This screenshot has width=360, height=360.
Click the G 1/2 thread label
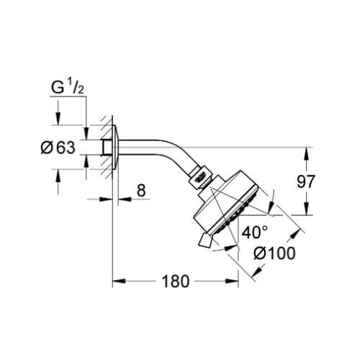click(68, 87)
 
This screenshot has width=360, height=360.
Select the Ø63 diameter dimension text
click(58, 147)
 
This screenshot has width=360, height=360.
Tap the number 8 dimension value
click(141, 191)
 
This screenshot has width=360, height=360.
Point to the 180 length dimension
click(176, 282)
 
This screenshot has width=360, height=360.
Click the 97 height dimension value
click(305, 181)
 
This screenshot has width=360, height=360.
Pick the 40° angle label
click(255, 233)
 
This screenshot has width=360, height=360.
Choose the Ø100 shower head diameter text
click(274, 253)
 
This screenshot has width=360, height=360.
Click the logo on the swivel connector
click(202, 177)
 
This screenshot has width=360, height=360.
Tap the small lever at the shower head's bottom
click(204, 240)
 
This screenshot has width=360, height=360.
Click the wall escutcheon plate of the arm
click(115, 147)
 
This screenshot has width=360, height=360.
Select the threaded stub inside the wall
click(107, 147)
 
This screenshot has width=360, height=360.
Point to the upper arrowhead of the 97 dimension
click(306, 153)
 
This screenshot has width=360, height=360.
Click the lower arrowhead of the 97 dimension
click(306, 209)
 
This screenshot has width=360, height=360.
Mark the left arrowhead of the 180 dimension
click(119, 281)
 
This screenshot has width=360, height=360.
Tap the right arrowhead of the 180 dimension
click(232, 281)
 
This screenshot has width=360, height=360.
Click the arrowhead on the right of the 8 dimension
click(125, 199)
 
